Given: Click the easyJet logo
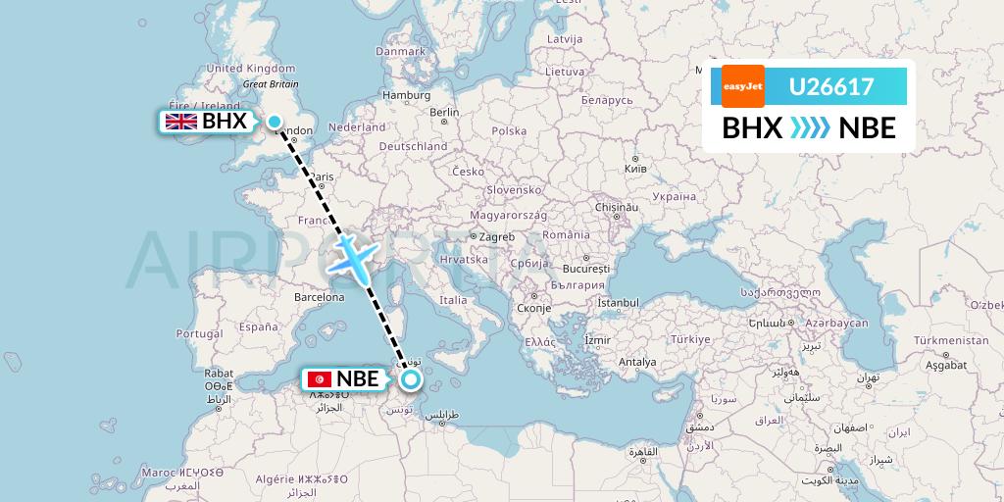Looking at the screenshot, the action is [742, 86].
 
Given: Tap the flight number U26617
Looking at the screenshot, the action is [830, 86].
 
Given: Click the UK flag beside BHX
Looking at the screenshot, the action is [180, 122].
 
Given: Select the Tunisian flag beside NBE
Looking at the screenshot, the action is [319, 379].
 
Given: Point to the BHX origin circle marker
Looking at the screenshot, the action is [275, 122].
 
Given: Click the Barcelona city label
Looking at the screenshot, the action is [320, 296].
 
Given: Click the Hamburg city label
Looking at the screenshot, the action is [407, 95].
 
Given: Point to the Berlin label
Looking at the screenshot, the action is [445, 112].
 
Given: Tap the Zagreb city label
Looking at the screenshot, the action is [495, 236].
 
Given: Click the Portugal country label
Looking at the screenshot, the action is [200, 333].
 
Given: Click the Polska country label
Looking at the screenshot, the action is [509, 130].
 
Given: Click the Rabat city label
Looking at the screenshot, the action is [219, 373].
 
